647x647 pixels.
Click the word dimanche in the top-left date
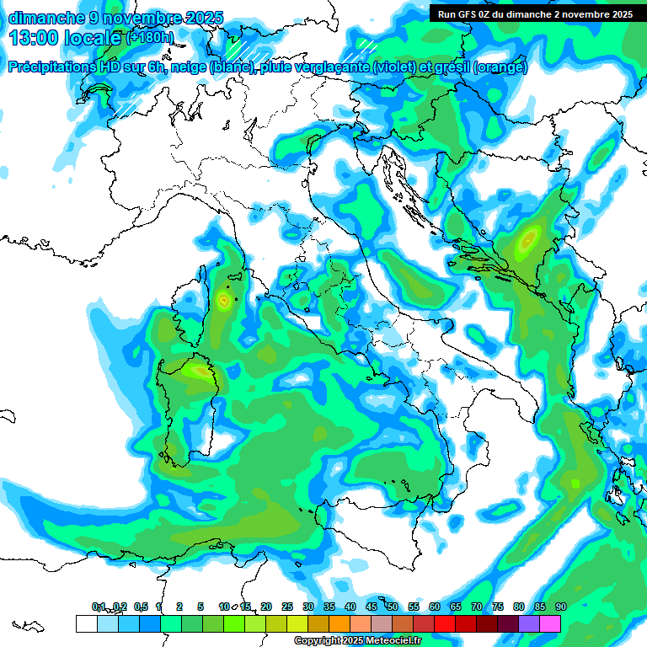coord(43,18)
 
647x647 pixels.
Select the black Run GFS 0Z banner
coord(535,13)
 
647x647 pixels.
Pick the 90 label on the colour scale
coord(561,607)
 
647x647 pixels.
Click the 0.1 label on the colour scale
coord(99,607)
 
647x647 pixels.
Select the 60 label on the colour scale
coord(435,607)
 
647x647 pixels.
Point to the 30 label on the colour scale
coord(308,607)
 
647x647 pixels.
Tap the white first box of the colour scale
coord(86,623)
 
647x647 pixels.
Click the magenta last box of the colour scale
coord(550,623)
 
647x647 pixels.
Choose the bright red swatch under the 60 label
coord(445,623)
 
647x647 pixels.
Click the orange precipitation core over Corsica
coord(223,299)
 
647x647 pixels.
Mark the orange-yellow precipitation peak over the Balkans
coord(528,240)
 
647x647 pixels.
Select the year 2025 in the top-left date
coord(203,18)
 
